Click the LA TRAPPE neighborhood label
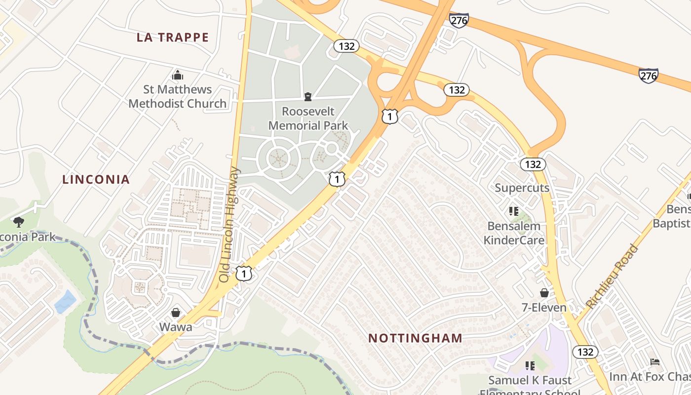point(173,38)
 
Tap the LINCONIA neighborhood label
point(96,179)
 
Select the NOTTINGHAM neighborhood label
point(416,338)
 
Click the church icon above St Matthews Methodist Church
point(177,76)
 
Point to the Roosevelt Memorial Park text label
point(308,118)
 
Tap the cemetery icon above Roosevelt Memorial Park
point(308,96)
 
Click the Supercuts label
point(522,188)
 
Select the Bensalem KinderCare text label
point(514,233)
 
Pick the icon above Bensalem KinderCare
point(514,211)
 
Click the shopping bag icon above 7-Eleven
point(544,293)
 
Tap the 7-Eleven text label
point(544,308)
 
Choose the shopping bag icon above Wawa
point(175,313)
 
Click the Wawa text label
point(175,327)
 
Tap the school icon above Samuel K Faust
point(530,366)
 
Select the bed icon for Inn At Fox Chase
point(654,362)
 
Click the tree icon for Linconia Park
point(19,222)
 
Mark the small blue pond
point(65,302)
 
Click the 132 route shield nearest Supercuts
point(533,164)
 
